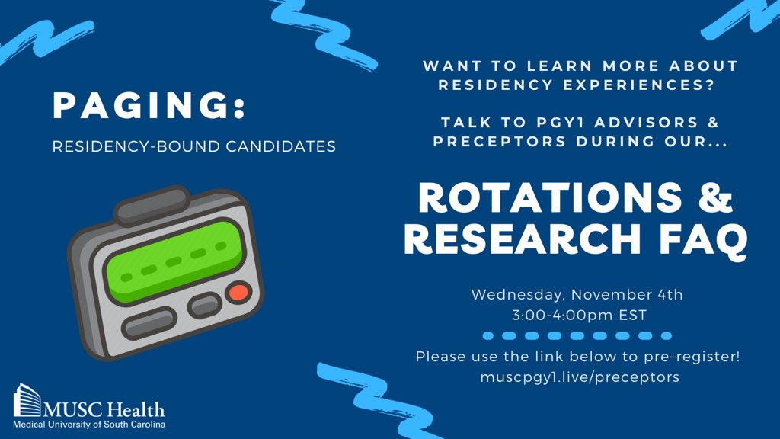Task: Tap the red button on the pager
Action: (238, 292)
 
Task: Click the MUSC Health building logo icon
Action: (27, 402)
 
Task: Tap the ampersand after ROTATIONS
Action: (718, 200)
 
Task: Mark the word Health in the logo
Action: (138, 409)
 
